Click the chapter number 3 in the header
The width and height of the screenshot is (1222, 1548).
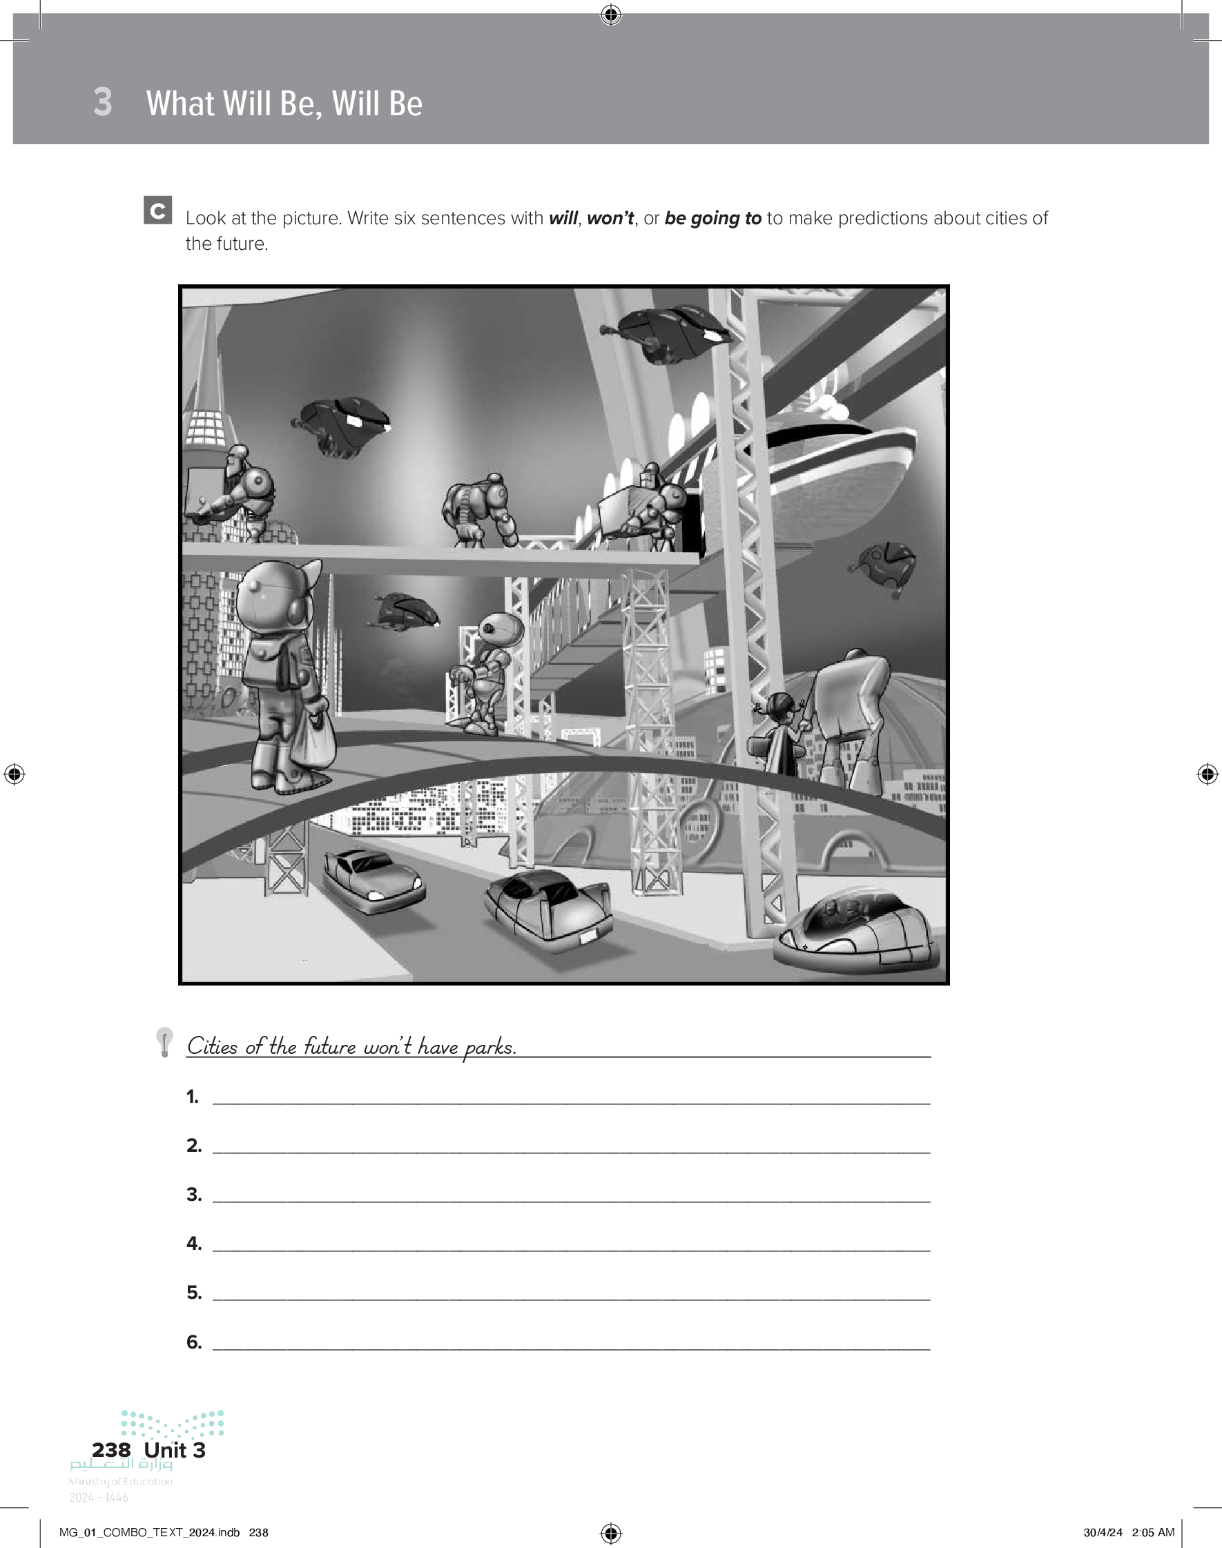103,101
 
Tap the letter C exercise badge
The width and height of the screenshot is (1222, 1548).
157,210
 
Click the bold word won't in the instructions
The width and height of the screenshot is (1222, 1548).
610,218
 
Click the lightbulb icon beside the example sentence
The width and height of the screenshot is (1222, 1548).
164,1041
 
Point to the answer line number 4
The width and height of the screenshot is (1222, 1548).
571,1250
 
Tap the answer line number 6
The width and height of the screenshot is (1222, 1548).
571,1349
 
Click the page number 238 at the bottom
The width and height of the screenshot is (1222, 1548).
111,1450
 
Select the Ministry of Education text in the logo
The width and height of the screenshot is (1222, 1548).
121,1482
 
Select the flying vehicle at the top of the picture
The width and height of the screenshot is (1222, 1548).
666,333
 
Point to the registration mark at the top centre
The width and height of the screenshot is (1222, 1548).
611,14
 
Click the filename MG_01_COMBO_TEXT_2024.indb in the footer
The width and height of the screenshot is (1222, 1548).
149,1532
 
